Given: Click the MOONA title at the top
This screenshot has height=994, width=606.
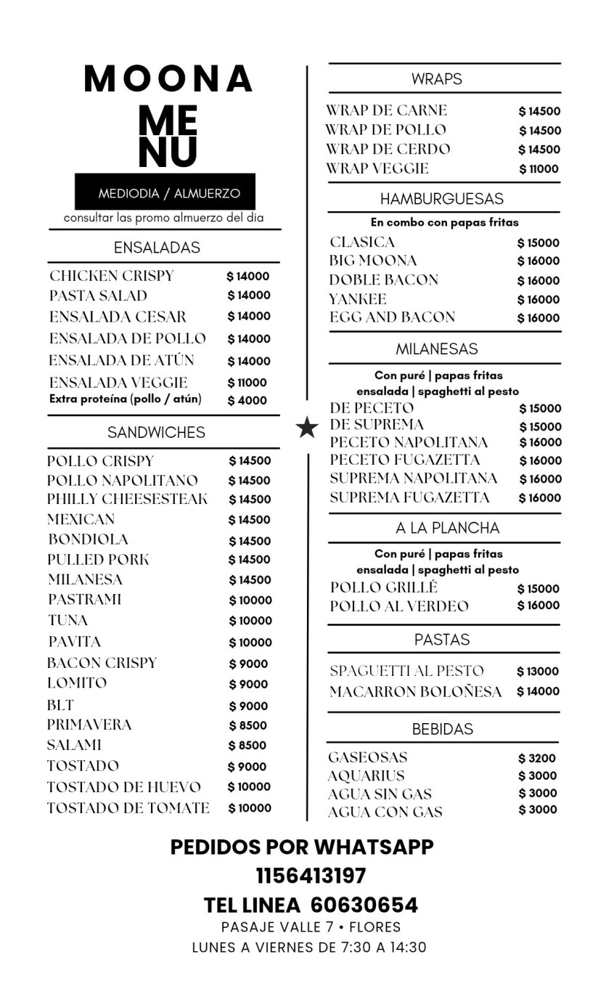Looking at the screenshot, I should [168, 79].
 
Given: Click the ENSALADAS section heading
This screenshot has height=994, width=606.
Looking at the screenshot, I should [157, 248].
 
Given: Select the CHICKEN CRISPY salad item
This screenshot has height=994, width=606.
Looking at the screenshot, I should [112, 276].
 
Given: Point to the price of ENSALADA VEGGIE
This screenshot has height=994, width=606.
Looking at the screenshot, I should [247, 383].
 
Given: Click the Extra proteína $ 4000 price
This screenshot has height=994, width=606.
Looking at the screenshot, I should [247, 400].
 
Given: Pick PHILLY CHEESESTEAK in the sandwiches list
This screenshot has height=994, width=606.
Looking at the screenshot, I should [127, 500].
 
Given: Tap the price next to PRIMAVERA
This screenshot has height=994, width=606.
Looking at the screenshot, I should [248, 725].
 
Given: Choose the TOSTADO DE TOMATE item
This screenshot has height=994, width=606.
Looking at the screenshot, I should [128, 808].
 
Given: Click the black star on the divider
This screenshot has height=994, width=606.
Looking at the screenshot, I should [308, 428].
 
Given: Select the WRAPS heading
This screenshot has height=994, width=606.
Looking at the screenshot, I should [437, 79].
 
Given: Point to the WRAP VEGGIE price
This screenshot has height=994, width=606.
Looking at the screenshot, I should [539, 169].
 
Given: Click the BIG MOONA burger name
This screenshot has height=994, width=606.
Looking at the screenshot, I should [373, 261].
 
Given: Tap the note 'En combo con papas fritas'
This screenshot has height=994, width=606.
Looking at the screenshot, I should [444, 222].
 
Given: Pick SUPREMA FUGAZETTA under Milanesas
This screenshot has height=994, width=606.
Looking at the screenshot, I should [409, 497].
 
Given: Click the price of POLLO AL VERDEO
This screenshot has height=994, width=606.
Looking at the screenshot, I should [539, 606].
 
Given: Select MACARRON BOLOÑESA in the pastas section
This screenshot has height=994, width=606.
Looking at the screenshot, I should [415, 692].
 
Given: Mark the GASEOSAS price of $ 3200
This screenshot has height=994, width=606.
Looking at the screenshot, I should [537, 758].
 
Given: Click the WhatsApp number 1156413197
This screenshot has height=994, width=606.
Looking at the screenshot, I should [311, 876].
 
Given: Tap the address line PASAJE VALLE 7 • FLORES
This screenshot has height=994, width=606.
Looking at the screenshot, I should [311, 927].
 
